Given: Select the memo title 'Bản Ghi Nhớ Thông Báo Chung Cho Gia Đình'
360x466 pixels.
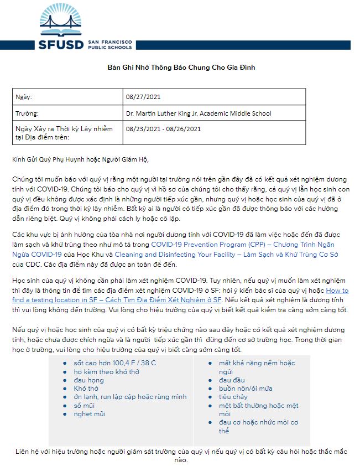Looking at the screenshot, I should tap(181, 68).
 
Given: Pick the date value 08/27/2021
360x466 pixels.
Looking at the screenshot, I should tap(142, 97).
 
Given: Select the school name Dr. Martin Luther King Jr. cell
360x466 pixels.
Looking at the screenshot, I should tap(199, 113).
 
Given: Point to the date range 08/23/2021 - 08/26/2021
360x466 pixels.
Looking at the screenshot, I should tap(163, 129).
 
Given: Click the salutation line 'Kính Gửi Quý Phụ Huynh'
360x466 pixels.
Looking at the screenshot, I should tap(81, 159).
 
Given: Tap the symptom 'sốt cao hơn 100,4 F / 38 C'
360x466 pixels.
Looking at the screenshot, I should tap(114, 363).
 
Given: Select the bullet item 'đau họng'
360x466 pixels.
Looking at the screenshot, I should tap(88, 380).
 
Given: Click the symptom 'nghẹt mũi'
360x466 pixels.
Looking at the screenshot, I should tap(90, 414).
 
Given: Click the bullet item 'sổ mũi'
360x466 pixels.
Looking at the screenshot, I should tap(85, 406).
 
